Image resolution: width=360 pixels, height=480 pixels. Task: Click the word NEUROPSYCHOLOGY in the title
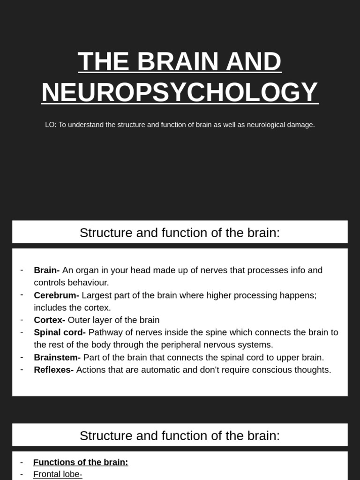tap(180, 92)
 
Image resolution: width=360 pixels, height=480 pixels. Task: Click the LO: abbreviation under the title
tap(51, 125)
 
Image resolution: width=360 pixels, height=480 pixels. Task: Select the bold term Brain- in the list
tap(47, 270)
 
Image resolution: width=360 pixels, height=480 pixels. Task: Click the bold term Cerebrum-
tap(56, 295)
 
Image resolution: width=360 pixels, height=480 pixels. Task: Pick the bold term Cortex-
tap(49, 320)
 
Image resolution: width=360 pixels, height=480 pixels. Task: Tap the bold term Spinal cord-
tap(60, 332)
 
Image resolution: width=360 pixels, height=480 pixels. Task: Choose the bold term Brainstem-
tap(57, 357)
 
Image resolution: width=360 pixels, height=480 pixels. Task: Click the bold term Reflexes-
tap(53, 370)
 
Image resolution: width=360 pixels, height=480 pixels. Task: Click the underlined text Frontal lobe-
tap(58, 474)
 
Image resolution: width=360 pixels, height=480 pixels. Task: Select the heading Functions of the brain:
tap(81, 462)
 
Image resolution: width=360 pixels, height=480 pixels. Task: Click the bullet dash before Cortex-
tap(22, 320)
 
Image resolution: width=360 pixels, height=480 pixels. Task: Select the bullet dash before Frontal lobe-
tap(22, 474)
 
